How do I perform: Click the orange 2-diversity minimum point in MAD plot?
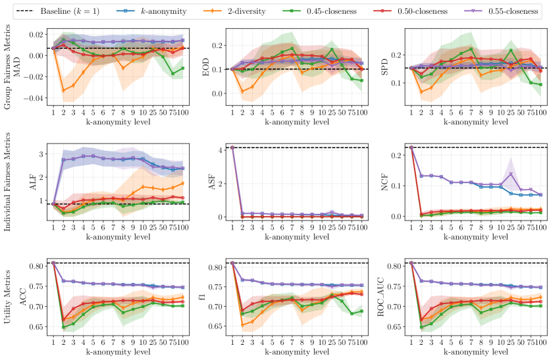63,91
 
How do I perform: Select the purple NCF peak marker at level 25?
511,174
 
